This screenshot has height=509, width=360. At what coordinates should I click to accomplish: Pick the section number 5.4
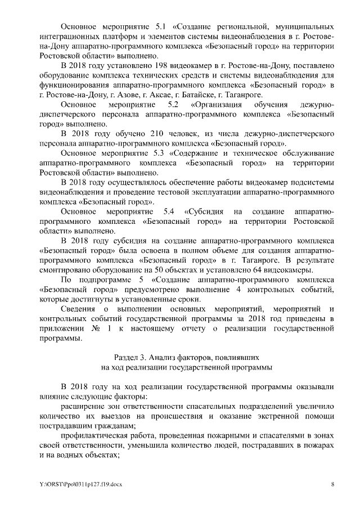click(168, 211)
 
